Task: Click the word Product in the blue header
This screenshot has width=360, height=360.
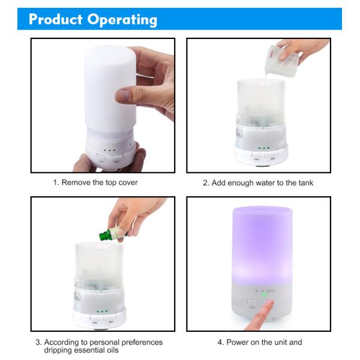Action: click(x=56, y=19)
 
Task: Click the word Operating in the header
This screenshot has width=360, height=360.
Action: click(x=122, y=20)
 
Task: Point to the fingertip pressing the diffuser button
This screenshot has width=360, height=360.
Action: click(x=270, y=304)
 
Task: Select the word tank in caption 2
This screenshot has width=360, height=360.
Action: click(x=306, y=183)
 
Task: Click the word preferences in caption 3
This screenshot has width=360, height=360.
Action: click(x=142, y=343)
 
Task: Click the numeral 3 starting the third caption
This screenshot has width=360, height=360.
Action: click(x=38, y=343)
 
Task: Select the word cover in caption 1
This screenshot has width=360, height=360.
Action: click(x=128, y=183)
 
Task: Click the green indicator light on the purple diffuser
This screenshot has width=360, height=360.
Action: click(x=264, y=295)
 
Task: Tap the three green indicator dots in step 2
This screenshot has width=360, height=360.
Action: click(x=264, y=148)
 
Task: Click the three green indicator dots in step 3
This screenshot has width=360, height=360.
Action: click(x=102, y=311)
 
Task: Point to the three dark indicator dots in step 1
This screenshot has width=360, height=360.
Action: click(x=110, y=151)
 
